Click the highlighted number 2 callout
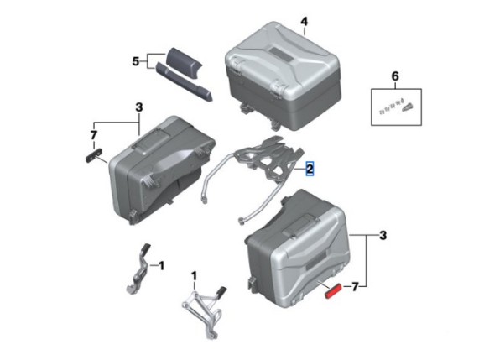(x=310, y=169)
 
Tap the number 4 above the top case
(x=304, y=22)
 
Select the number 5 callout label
(x=135, y=61)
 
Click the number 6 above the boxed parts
(x=395, y=76)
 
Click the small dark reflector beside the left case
(x=93, y=155)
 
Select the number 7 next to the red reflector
(x=354, y=287)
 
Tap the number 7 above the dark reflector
(x=93, y=135)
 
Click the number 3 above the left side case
(x=139, y=107)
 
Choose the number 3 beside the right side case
(x=383, y=236)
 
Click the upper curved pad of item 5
(x=184, y=60)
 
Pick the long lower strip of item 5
(x=184, y=81)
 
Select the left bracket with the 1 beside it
(x=139, y=269)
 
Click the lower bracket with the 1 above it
(x=204, y=311)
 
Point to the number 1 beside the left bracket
(x=161, y=266)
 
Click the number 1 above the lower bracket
(x=194, y=276)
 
